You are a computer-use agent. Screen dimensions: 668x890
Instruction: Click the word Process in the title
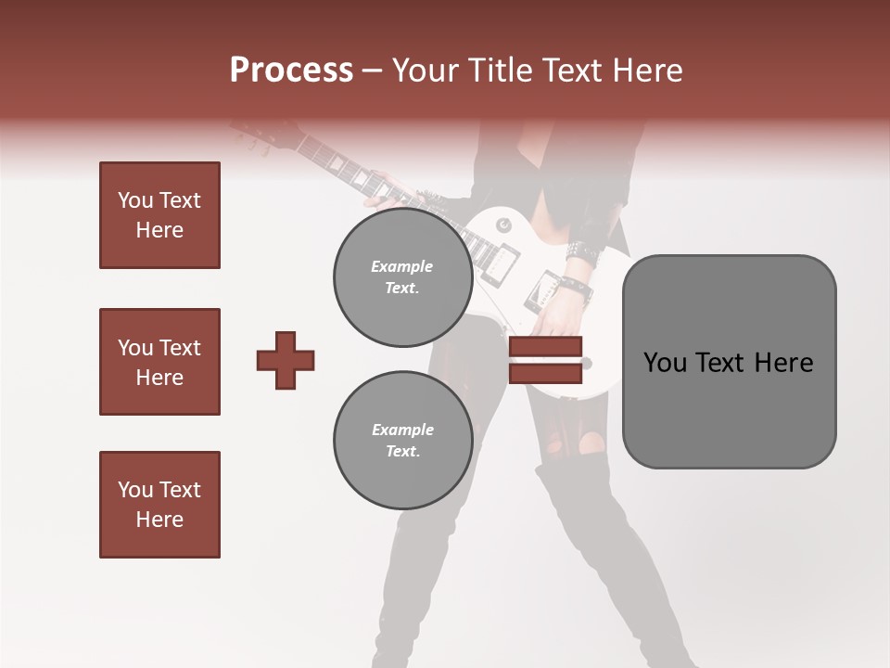(291, 71)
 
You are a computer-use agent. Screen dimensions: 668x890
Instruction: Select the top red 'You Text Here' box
(159, 215)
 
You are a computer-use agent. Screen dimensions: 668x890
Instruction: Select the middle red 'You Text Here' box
(159, 362)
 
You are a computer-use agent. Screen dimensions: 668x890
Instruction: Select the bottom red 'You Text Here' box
(159, 505)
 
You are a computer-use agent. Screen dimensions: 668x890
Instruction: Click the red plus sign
(286, 360)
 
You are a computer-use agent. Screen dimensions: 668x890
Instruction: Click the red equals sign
(545, 361)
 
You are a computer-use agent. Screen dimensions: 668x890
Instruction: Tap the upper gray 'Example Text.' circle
(402, 276)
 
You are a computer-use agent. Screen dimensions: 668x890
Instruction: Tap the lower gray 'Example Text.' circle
(402, 440)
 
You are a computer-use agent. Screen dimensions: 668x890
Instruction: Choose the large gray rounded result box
(729, 361)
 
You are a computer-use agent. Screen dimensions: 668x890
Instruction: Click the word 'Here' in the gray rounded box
(783, 363)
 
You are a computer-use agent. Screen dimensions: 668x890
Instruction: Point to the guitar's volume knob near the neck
(502, 225)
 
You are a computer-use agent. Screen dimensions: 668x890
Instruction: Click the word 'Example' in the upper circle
(402, 266)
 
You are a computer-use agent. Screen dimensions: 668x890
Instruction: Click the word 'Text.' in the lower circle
(402, 451)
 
